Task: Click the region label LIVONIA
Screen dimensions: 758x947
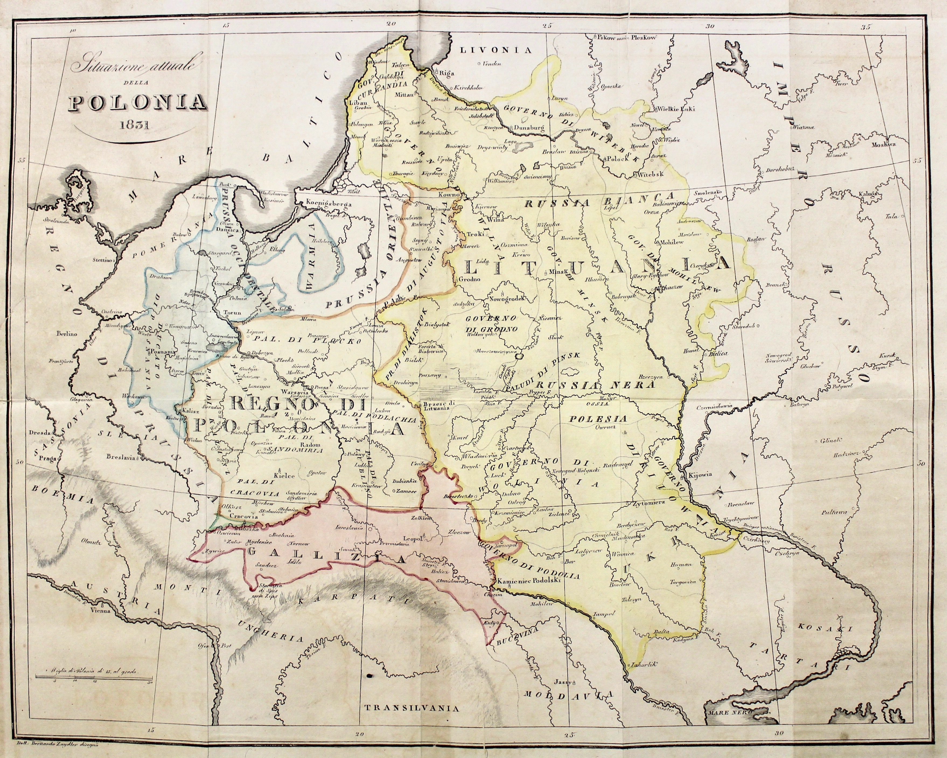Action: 496,50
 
